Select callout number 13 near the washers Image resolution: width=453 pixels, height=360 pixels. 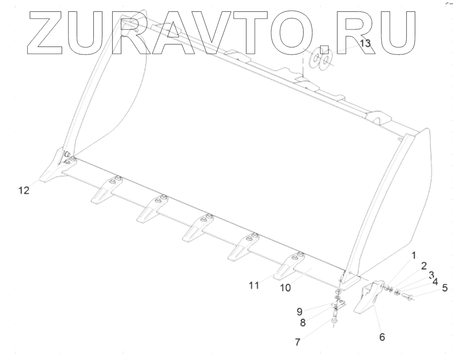[x=365, y=43]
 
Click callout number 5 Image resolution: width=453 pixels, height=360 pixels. [x=445, y=288]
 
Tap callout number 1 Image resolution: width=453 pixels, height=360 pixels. [x=413, y=255]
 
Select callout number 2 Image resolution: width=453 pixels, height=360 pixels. [x=423, y=266]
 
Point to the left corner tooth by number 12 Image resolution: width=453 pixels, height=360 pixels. [x=55, y=170]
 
